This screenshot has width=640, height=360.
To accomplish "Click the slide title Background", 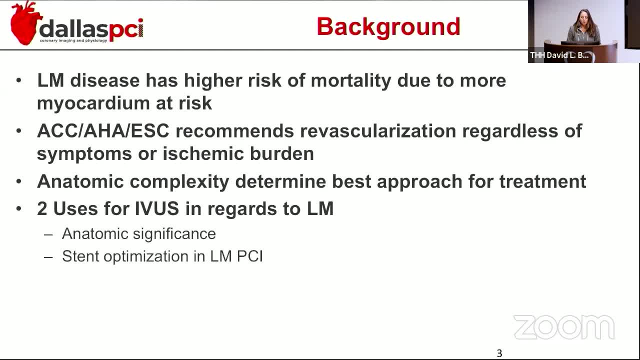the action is (x=388, y=27).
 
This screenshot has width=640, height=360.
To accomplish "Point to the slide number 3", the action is (x=499, y=353).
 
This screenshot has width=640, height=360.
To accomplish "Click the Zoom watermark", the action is (x=564, y=327).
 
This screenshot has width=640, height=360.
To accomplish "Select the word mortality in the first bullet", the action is (x=351, y=81).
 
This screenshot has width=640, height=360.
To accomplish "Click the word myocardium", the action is (x=93, y=103).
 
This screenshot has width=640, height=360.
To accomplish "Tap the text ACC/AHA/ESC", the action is (x=103, y=131).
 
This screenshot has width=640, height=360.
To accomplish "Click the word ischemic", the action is (x=203, y=153).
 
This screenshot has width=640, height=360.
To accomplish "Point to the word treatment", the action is (x=543, y=181).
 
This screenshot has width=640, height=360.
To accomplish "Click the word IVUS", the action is (x=156, y=208).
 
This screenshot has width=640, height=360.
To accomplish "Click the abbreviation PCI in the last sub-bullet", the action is (x=250, y=256).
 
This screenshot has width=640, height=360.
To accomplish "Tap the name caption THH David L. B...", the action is (x=559, y=55).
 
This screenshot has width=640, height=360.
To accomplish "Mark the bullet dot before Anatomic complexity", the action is (x=19, y=181).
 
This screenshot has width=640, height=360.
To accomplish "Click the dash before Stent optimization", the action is (x=48, y=257).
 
